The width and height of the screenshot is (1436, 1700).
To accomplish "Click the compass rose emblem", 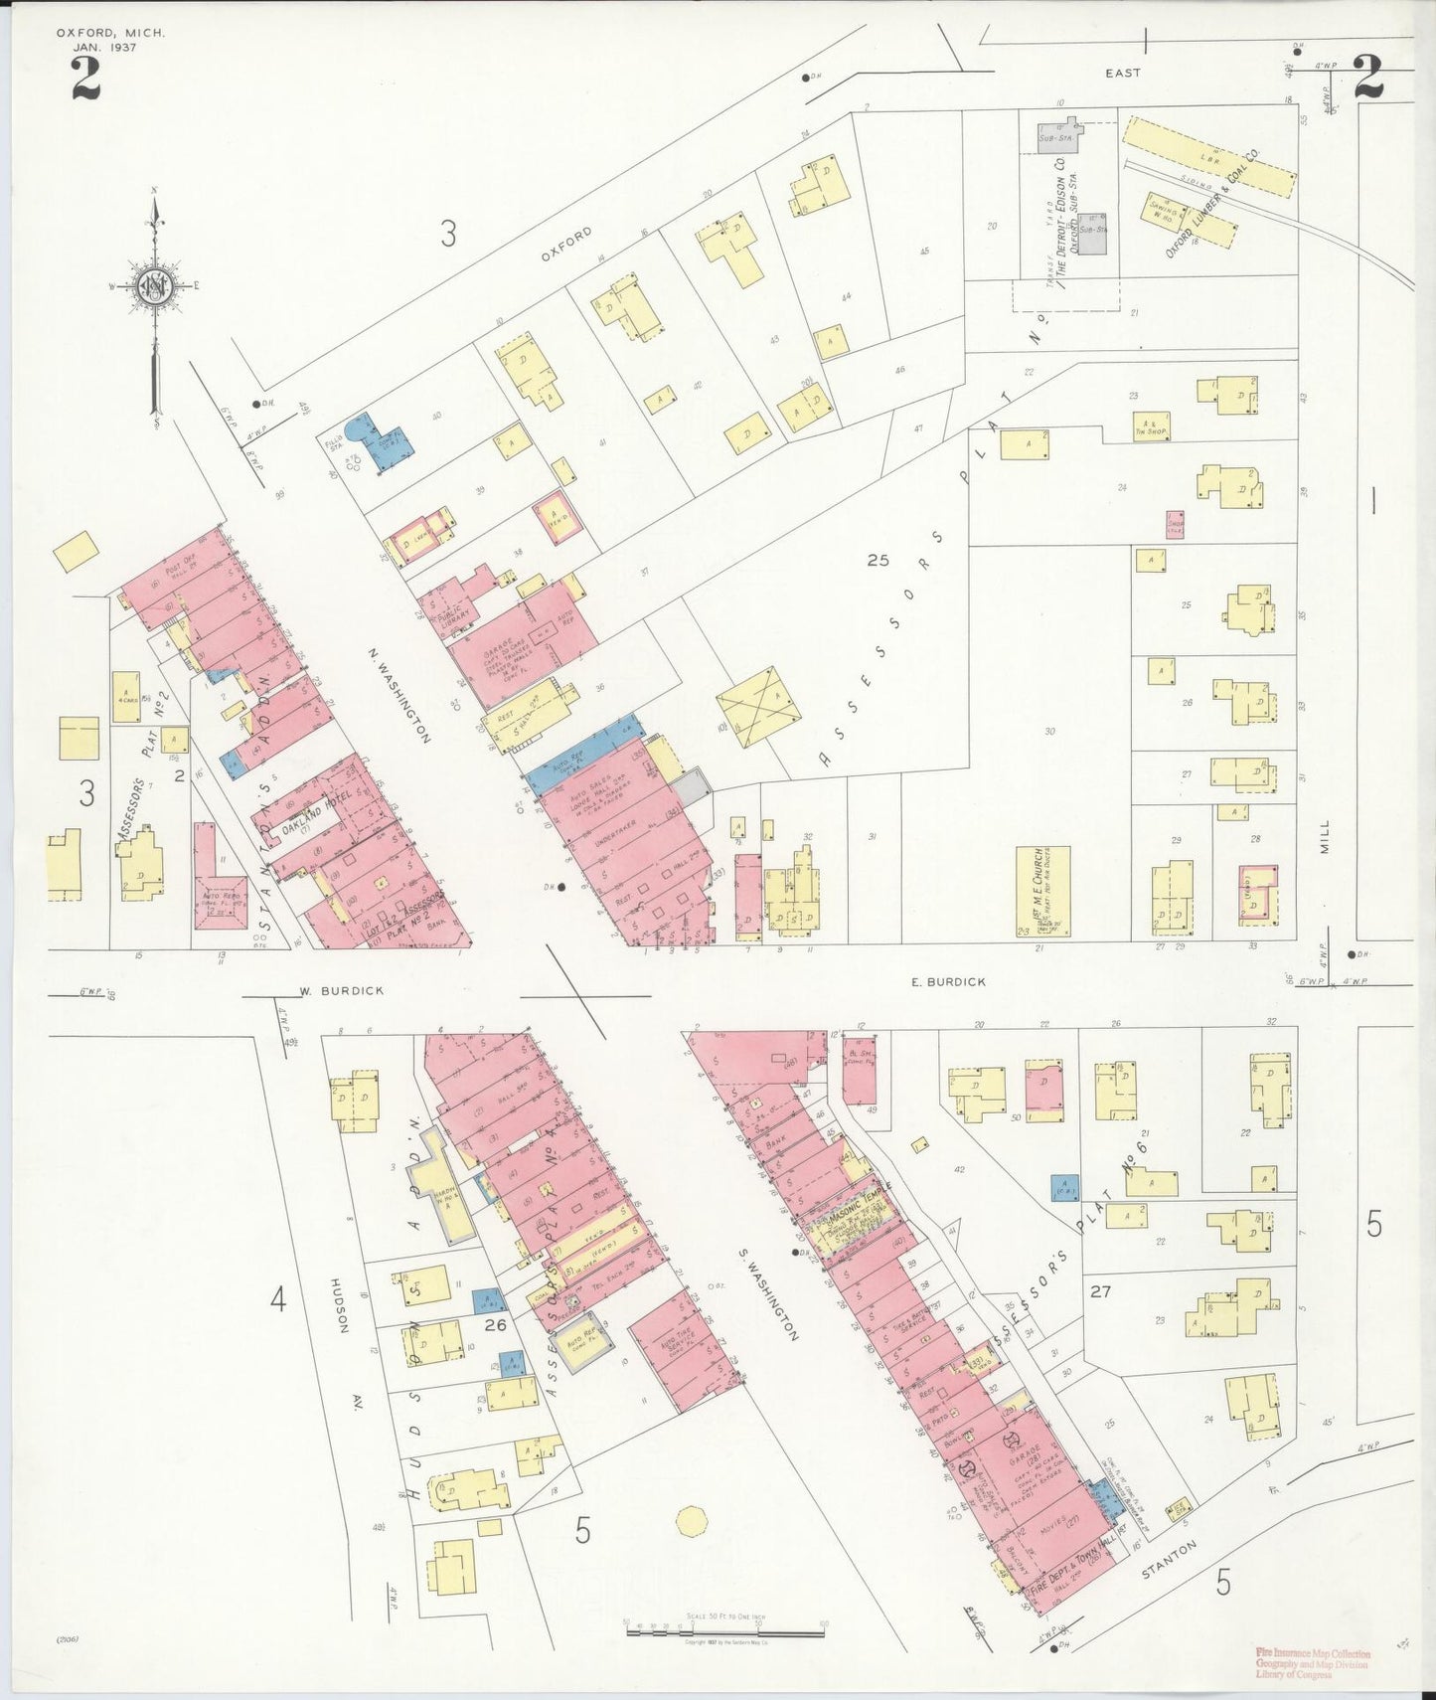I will coord(155,286).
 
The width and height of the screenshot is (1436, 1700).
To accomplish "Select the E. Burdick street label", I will coord(949,981).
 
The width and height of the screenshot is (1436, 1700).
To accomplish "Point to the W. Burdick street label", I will coord(328,990).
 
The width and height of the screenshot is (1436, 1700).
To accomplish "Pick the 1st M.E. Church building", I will coord(1042,891).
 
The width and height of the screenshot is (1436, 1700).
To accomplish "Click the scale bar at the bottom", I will coord(724,1627).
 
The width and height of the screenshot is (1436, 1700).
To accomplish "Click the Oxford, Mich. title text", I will coord(110,33).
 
